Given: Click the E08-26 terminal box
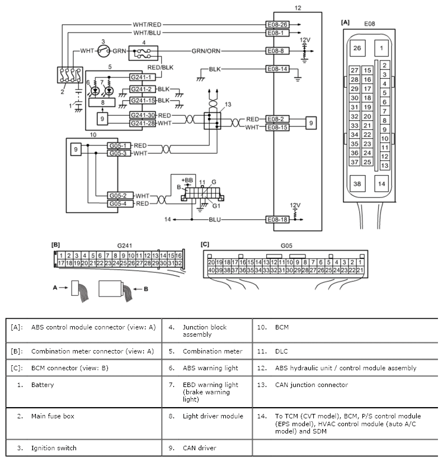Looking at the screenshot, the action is [277, 25].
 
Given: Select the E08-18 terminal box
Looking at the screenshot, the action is [277, 219].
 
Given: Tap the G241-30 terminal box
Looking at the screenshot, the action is [143, 115].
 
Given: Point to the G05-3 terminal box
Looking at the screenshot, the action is [119, 153].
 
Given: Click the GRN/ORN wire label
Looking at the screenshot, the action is [206, 51].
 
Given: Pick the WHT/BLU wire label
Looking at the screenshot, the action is [147, 32].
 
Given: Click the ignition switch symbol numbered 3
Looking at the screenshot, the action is [103, 51].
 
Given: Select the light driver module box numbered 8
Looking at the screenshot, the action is [102, 102].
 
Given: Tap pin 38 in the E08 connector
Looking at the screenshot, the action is [357, 184].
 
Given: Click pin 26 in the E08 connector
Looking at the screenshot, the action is [357, 48].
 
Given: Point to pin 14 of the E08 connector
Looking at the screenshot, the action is [381, 184].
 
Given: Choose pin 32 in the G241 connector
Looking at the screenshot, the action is [178, 263].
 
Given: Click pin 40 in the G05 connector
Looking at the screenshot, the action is [211, 270].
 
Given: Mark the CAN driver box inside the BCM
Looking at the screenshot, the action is [76, 149].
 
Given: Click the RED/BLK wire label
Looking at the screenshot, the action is [161, 68].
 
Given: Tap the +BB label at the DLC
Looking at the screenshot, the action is [187, 180].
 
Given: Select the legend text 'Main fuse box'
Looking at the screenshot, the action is [53, 416].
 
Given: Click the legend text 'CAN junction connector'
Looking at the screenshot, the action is [311, 385].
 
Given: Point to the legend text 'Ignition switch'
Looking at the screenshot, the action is [54, 448].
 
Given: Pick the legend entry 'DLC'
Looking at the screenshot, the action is [281, 351].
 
